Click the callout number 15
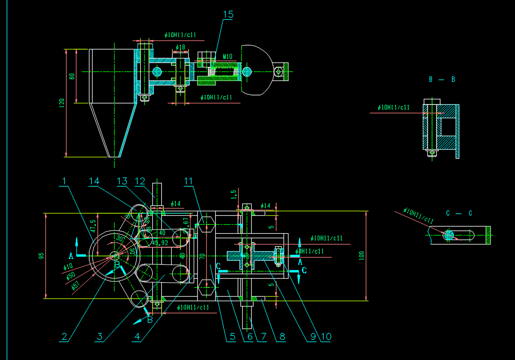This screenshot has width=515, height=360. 228,14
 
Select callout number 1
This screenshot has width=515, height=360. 65,181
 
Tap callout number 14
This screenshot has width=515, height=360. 94,181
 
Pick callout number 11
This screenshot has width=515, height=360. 188,181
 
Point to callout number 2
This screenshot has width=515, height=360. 65,337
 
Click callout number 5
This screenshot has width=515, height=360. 231,337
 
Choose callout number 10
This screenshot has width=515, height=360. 326,337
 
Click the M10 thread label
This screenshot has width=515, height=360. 227,57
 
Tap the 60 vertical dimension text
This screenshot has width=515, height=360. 72,76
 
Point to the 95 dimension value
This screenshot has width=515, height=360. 41,256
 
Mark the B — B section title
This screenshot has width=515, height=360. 442,80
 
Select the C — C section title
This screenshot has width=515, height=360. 459,213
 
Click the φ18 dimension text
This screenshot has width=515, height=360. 181,47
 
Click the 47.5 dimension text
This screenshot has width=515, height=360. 93,225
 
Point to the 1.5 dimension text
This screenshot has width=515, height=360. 233,194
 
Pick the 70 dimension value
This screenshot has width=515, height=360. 203,256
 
